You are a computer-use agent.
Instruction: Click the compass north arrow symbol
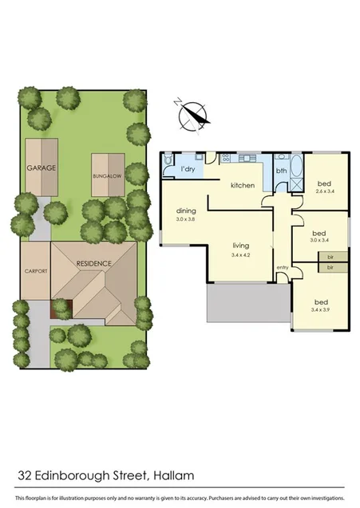click(194, 116)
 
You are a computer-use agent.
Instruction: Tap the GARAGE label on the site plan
click(40, 168)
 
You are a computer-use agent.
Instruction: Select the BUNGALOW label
click(106, 173)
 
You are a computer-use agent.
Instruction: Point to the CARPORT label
click(35, 271)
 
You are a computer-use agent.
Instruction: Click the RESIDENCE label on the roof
click(93, 262)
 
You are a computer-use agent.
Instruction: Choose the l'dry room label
click(188, 170)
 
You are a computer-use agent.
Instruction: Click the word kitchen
click(242, 185)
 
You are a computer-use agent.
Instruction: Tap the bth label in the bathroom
click(281, 171)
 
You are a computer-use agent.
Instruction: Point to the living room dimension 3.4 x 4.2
click(242, 255)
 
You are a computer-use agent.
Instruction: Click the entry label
click(282, 267)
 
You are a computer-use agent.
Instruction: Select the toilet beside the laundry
click(166, 162)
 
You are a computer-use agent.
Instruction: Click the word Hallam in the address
click(172, 476)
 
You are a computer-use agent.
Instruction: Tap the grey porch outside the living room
click(245, 302)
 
